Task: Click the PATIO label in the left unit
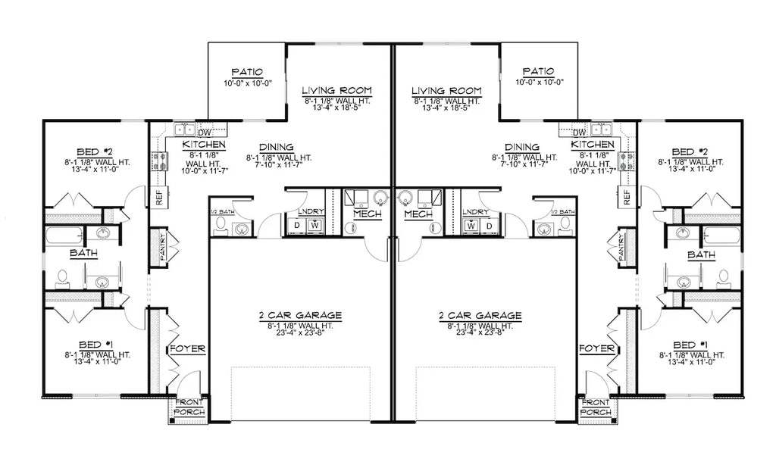click(x=247, y=71)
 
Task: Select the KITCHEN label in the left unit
click(x=203, y=144)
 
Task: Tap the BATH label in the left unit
click(x=83, y=253)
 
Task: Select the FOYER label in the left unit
click(x=186, y=348)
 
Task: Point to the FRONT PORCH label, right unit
click(x=596, y=407)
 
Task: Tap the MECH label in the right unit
click(x=417, y=214)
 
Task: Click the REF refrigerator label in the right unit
click(x=627, y=198)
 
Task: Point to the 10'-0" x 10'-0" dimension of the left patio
click(x=247, y=83)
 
